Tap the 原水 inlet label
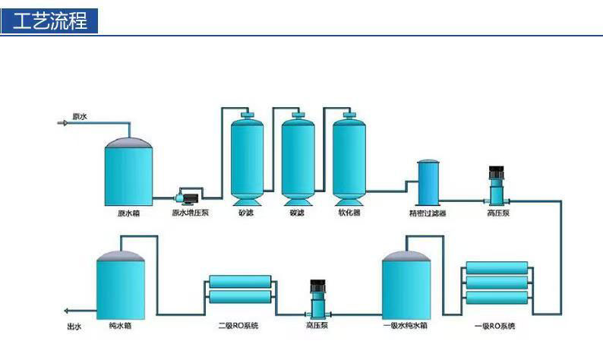(79, 116)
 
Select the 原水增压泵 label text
(190, 213)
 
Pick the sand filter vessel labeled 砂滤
(248, 159)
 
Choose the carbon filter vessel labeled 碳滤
(298, 159)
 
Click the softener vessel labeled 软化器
(349, 159)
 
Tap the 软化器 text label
(349, 213)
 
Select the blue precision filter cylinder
(428, 182)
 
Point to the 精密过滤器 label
(428, 214)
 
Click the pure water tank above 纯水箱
(120, 285)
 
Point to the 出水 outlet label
(74, 327)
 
